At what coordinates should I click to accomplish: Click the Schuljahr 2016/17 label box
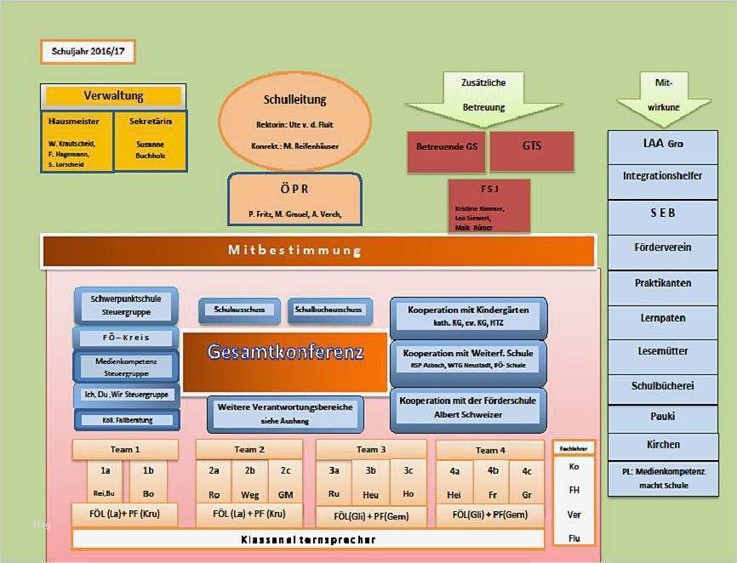(x=87, y=52)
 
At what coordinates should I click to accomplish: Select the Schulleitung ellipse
(x=295, y=122)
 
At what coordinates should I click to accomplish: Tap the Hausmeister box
(x=77, y=140)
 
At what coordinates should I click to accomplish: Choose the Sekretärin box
(x=151, y=139)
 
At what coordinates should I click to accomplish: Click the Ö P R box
(x=294, y=199)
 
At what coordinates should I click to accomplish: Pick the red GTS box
(x=531, y=146)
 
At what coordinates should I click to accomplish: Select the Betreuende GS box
(x=447, y=147)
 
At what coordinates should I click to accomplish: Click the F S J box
(x=489, y=204)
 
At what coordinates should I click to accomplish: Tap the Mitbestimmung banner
(x=317, y=251)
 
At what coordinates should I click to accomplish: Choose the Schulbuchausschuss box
(x=329, y=310)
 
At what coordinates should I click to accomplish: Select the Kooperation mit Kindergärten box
(x=468, y=316)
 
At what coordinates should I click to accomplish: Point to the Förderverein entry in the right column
(x=663, y=247)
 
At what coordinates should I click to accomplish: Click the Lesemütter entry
(x=663, y=350)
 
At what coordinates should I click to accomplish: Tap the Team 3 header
(x=371, y=449)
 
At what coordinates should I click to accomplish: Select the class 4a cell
(x=454, y=481)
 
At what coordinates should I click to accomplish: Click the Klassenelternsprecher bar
(x=308, y=539)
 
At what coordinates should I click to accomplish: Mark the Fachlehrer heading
(x=574, y=447)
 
